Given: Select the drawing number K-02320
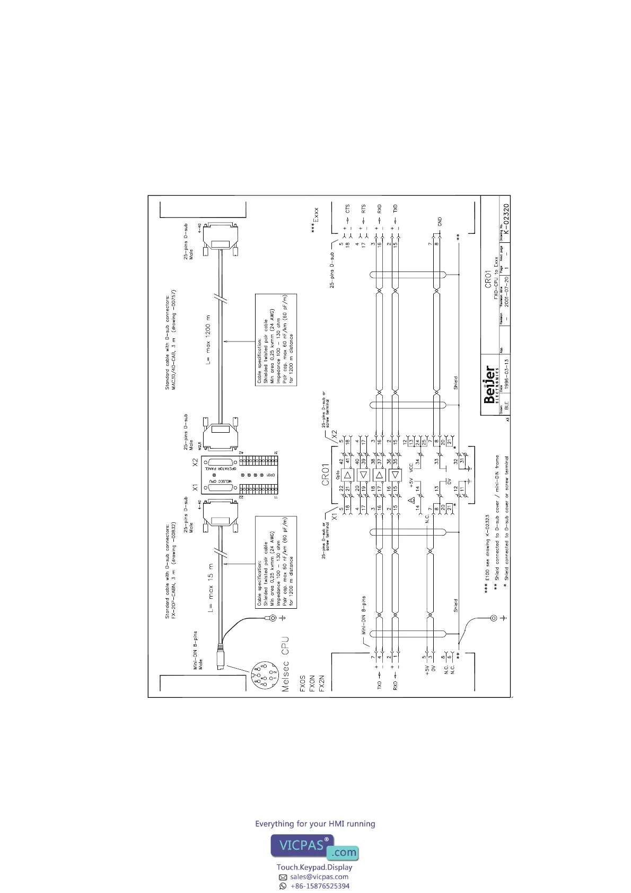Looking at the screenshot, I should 506,220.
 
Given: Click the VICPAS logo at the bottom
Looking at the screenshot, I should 315,847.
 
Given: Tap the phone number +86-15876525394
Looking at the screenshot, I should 320,886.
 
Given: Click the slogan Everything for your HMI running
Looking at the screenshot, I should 315,824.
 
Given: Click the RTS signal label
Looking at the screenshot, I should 364,208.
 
